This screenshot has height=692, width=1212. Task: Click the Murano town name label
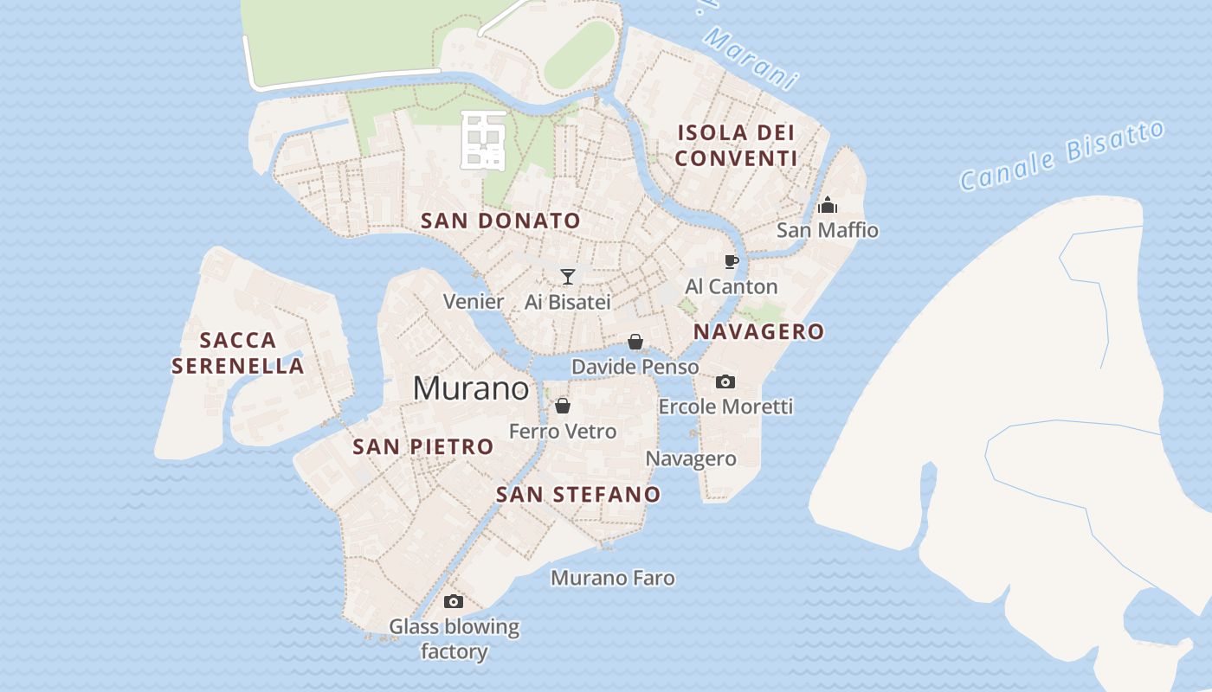tap(470, 388)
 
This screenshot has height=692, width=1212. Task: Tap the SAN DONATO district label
tap(500, 221)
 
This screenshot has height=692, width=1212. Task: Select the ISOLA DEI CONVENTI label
tap(736, 145)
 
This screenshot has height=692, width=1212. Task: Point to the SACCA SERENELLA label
tap(238, 353)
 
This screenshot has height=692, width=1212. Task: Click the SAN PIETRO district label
tap(422, 447)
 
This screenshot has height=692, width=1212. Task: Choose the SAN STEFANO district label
tap(578, 495)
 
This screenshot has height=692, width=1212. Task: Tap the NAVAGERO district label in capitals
tap(758, 332)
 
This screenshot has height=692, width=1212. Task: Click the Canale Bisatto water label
tap(1063, 156)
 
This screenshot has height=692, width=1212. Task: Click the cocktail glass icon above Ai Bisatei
tap(568, 277)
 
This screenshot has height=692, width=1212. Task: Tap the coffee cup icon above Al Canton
tap(732, 261)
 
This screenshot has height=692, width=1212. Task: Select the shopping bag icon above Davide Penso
tap(635, 343)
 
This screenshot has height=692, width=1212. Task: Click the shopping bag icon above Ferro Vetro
tap(563, 406)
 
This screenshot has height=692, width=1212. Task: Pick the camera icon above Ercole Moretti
tap(725, 381)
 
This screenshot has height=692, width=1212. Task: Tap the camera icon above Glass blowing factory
tap(454, 602)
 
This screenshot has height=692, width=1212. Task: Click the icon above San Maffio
tap(828, 206)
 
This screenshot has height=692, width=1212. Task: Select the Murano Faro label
tap(613, 578)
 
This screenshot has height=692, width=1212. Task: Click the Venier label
tap(474, 302)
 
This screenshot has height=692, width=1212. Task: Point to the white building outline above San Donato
tap(483, 138)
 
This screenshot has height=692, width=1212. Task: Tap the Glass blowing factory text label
tap(454, 638)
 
